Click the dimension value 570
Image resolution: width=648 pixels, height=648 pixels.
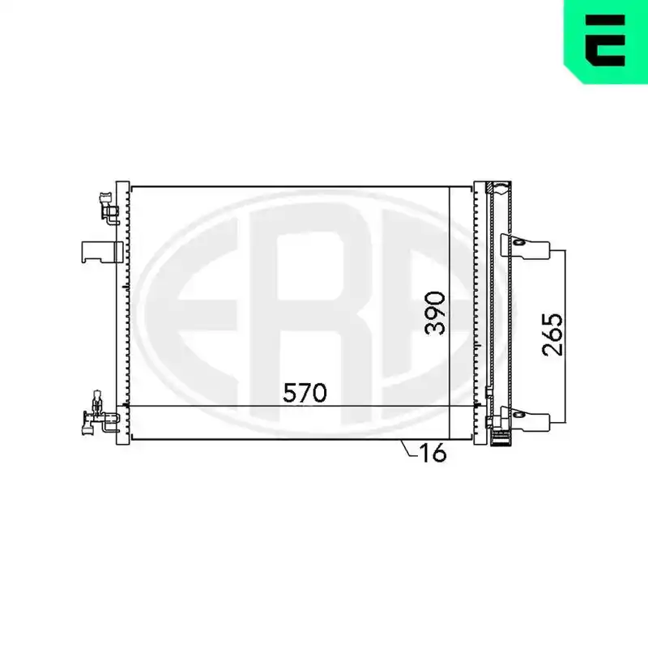click(305, 393)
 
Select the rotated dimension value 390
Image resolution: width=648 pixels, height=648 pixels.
click(436, 313)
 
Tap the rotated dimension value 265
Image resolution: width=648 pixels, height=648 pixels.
click(552, 335)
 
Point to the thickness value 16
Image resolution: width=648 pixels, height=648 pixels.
click(433, 452)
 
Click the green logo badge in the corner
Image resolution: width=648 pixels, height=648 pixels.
click(606, 41)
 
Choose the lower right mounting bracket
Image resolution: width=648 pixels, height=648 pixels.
click(525, 419)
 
